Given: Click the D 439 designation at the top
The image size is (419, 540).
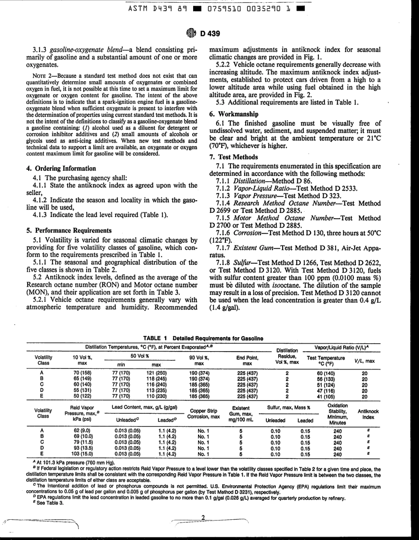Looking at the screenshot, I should point(210,34).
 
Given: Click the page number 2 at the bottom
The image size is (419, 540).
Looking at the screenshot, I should point(203,517).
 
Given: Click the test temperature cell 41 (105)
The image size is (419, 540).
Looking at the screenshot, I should point(325,396).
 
